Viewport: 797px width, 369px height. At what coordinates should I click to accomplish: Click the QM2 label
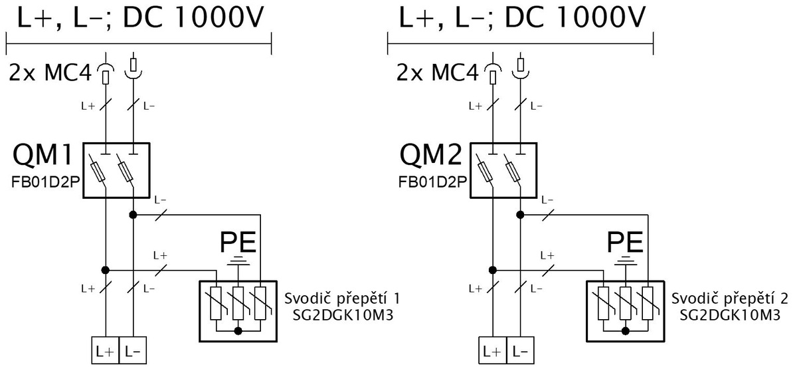(x=431, y=155)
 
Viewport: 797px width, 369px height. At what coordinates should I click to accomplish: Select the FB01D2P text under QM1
(x=46, y=182)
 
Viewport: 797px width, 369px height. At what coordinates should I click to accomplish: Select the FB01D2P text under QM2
(x=432, y=182)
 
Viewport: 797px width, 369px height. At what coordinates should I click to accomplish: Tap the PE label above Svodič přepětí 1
(x=238, y=242)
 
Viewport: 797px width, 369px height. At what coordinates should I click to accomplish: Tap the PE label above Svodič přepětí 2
(x=625, y=242)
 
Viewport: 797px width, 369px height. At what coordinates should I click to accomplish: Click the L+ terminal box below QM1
(x=106, y=350)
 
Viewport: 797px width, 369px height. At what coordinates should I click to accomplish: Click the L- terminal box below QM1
(x=133, y=350)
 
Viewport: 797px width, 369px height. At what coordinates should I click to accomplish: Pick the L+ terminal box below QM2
(x=492, y=350)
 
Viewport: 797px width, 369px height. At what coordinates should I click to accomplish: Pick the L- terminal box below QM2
(x=520, y=350)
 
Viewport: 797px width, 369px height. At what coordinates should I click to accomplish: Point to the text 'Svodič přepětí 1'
(x=342, y=299)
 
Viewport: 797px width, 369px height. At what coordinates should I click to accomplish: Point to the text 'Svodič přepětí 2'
(x=730, y=299)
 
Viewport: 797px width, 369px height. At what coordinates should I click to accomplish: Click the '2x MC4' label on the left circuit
(x=50, y=73)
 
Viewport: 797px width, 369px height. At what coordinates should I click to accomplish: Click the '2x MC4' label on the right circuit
(x=437, y=73)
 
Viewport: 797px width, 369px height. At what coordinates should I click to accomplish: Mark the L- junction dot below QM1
(x=133, y=215)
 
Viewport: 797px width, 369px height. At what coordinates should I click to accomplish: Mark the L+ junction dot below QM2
(x=493, y=271)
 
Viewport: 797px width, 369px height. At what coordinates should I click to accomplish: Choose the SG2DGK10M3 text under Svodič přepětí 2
(x=730, y=315)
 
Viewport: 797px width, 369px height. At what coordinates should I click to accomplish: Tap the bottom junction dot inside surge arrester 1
(x=238, y=331)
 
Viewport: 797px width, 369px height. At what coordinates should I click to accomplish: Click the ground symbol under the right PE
(x=625, y=261)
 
